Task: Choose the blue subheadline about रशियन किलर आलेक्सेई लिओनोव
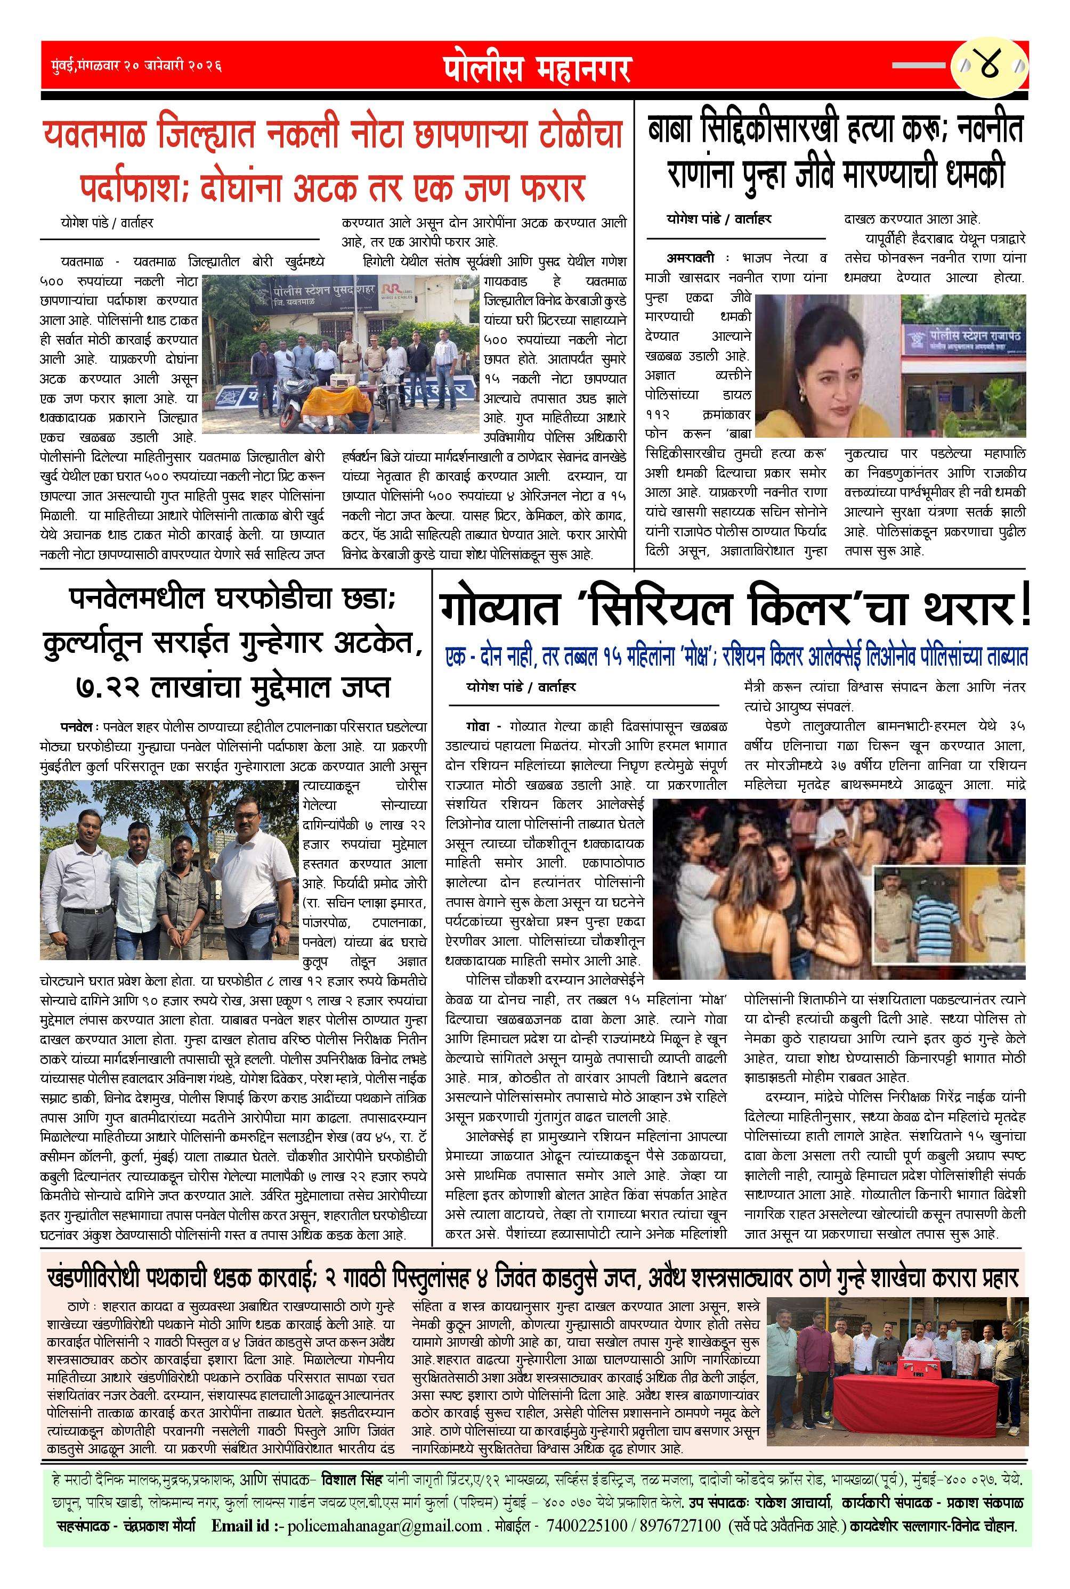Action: (x=735, y=657)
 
